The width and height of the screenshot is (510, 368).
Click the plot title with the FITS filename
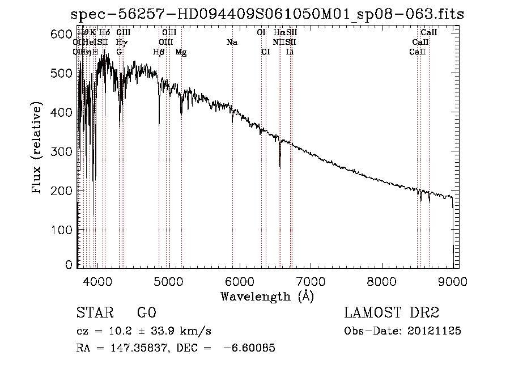267,15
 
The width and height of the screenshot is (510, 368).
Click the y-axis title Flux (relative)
37,149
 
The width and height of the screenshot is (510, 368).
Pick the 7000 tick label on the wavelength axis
311,281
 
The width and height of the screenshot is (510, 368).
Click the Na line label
232,43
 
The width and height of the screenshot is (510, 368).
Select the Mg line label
181,52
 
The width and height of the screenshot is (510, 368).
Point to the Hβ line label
159,52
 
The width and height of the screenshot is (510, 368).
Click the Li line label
290,52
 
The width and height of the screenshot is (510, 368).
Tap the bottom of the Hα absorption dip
279,167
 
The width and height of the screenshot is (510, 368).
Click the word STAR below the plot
94,314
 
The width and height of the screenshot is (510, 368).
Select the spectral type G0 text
146,314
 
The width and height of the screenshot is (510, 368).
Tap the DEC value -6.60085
249,348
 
